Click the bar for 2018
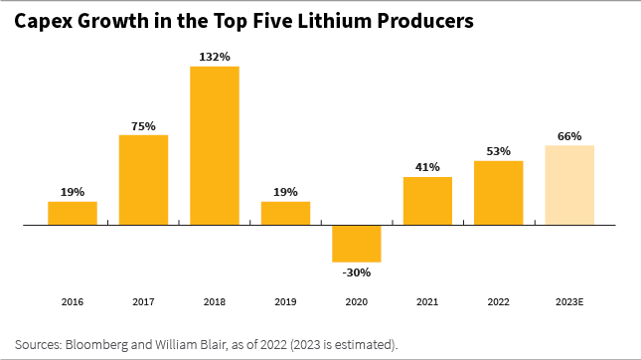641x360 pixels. click(215, 145)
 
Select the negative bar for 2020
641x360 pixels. click(357, 244)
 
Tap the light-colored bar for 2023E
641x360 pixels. click(569, 185)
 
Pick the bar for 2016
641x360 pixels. click(73, 214)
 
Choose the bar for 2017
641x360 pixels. click(143, 180)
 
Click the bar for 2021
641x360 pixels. click(427, 201)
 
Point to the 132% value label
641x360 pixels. click(215, 57)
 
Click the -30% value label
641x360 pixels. click(357, 272)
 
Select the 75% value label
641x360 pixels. click(143, 125)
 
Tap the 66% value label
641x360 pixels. click(569, 136)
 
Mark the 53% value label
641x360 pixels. click(499, 151)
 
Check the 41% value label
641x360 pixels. click(427, 167)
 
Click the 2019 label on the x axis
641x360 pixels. click(285, 300)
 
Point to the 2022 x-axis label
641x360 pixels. click(499, 300)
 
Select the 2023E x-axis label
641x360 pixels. click(569, 300)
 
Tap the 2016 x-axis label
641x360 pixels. click(73, 300)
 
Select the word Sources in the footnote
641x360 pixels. click(38, 344)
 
